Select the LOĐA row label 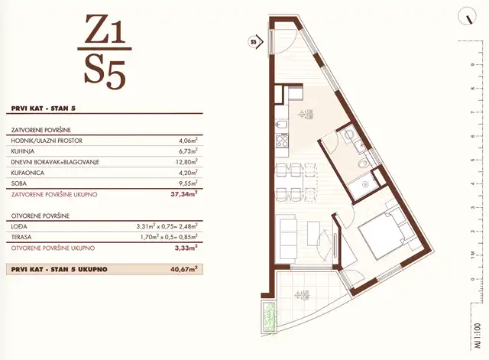pyautogui.click(x=21, y=226)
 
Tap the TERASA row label pyautogui.click(x=23, y=237)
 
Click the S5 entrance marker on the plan pyautogui.click(x=254, y=41)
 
